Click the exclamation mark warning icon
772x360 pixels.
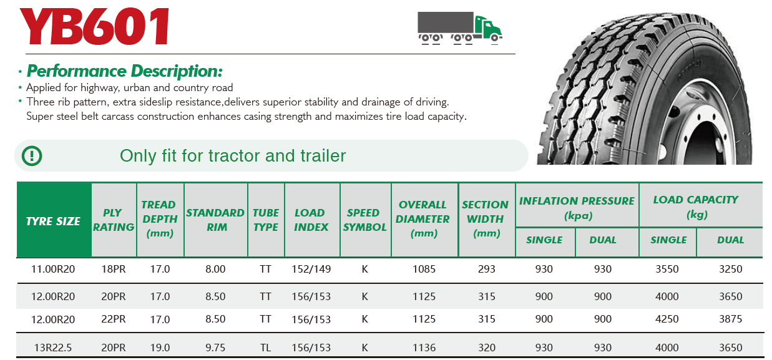(x=32, y=156)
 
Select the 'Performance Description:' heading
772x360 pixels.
(x=124, y=71)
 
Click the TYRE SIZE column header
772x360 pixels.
(x=53, y=221)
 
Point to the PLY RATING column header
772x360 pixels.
(x=114, y=220)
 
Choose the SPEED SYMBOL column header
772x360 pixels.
(x=364, y=220)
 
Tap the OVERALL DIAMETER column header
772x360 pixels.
(x=423, y=219)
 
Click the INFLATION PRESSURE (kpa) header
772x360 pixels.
(x=577, y=208)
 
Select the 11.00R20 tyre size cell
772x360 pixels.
(x=53, y=269)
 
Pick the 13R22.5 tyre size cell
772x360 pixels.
(x=52, y=348)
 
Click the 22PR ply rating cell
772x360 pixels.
(x=114, y=319)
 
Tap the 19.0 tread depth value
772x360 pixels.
(x=160, y=348)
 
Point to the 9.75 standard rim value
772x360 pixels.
(x=215, y=348)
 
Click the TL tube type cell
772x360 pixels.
(x=265, y=348)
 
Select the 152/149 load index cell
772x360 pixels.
(x=311, y=269)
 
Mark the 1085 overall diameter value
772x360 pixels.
(x=424, y=269)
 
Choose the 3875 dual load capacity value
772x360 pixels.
(x=730, y=319)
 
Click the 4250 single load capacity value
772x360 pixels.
(x=667, y=319)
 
